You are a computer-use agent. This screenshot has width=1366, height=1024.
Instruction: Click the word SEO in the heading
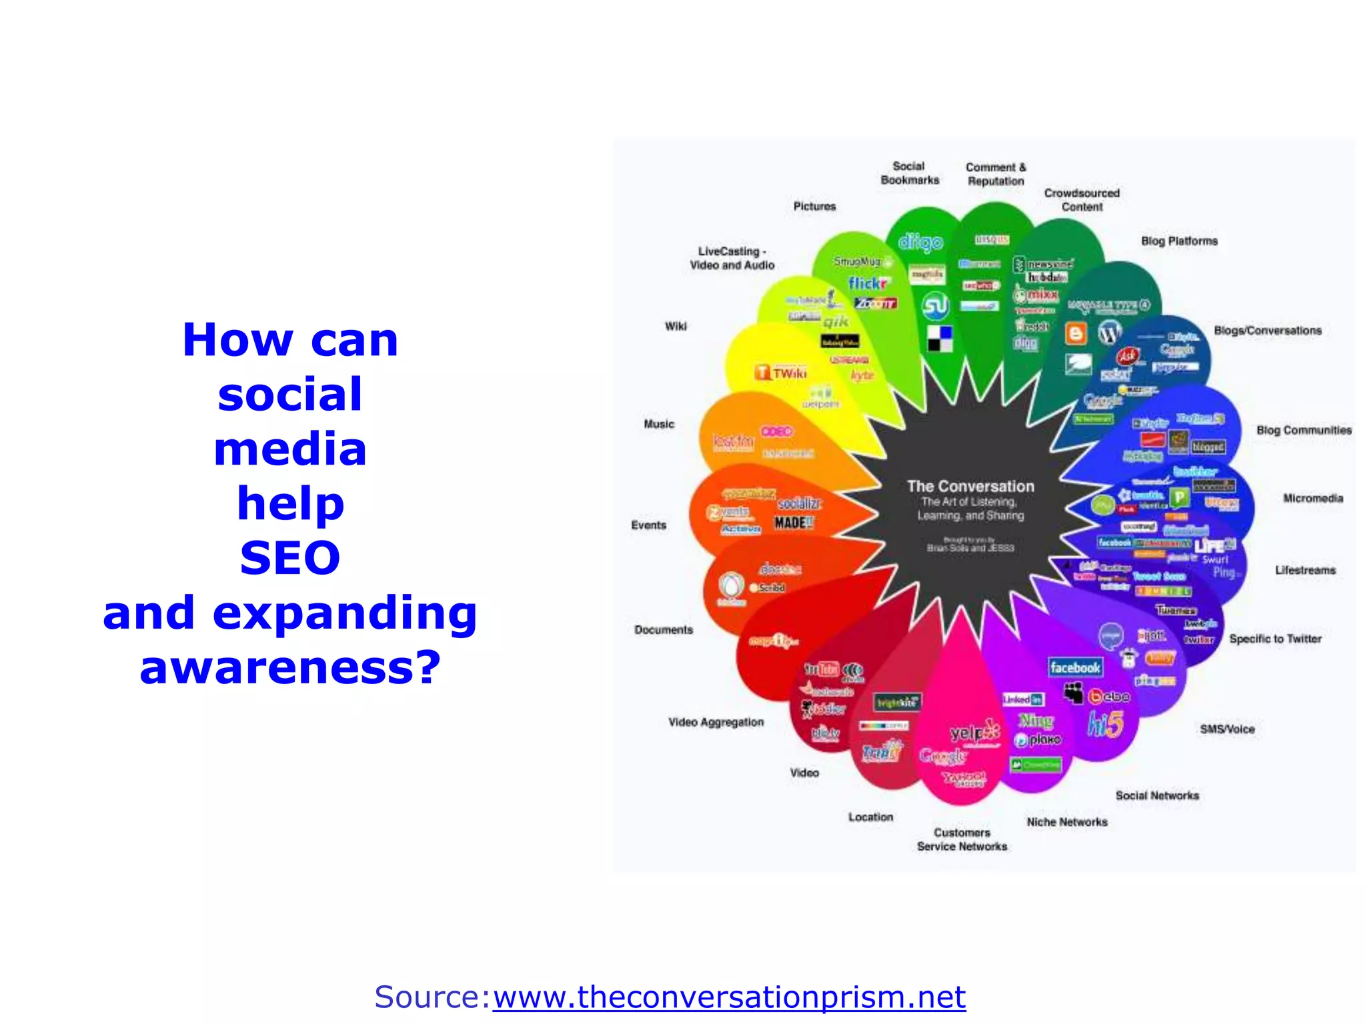[x=290, y=557]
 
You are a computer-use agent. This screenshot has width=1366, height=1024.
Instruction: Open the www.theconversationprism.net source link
[x=729, y=997]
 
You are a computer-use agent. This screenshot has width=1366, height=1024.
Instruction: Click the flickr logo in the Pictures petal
[x=867, y=283]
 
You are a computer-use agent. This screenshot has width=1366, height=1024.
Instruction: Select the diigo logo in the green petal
[x=920, y=242]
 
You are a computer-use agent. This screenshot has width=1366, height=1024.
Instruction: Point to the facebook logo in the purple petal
[x=1075, y=667]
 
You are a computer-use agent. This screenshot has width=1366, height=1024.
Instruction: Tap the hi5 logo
[x=1105, y=724]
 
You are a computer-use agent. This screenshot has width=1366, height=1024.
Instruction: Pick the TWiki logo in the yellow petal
[x=782, y=373]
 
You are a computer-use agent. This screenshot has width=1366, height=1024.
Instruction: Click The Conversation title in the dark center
[x=970, y=486]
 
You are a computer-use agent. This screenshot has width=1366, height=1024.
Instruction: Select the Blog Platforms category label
[x=1179, y=241]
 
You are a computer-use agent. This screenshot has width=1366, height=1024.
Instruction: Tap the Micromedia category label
[x=1313, y=498]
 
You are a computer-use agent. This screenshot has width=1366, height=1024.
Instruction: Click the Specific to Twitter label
[x=1275, y=639]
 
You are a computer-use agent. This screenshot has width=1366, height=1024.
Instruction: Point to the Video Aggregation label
[x=716, y=722]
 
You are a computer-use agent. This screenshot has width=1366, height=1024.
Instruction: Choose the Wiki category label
[x=675, y=326]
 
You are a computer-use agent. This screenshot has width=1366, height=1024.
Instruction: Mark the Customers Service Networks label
[x=962, y=839]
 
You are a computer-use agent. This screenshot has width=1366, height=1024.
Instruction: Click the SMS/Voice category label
[x=1227, y=729]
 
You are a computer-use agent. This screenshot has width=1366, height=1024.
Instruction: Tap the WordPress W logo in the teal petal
[x=1109, y=331]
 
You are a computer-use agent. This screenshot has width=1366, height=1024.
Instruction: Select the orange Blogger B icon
[x=1075, y=333]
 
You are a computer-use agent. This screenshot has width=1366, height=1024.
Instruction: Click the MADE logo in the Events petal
[x=793, y=523]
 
